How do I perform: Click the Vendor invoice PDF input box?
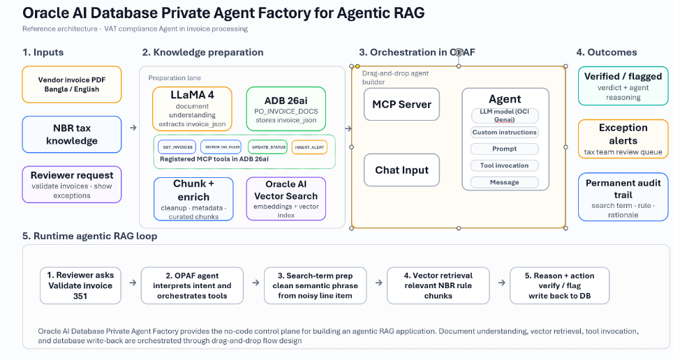pos(72,84)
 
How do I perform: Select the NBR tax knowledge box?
pos(72,135)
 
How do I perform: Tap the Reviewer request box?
pos(72,184)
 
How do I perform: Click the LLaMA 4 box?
pos(192,109)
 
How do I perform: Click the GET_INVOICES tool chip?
pos(177,147)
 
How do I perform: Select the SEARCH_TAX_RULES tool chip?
pos(221,147)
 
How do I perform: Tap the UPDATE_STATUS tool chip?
pos(267,147)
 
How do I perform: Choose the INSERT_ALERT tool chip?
pos(309,147)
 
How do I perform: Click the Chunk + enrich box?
pos(192,199)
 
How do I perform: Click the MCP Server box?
pos(401,105)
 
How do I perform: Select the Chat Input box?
pos(401,170)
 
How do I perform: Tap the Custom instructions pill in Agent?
pos(504,132)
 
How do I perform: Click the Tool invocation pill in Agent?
pos(504,165)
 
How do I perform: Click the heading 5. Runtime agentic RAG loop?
pos(89,236)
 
